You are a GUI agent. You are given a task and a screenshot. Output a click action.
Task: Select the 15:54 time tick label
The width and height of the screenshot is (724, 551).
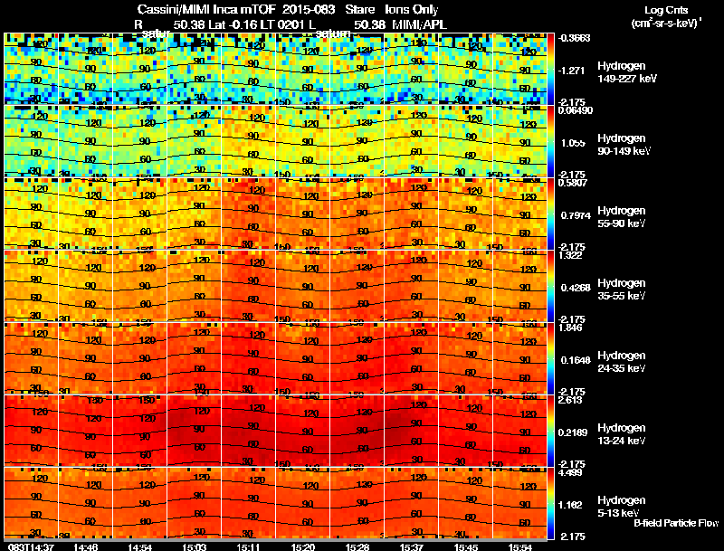tap(519, 546)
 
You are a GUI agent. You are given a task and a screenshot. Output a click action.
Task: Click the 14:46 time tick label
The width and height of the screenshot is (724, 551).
tap(87, 546)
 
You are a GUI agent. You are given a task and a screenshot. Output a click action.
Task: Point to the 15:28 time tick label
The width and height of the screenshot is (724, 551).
tap(357, 546)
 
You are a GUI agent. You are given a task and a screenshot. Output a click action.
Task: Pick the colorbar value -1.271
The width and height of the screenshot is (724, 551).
tap(569, 70)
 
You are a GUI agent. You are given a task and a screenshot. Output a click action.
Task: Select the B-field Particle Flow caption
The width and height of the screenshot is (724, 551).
tap(675, 523)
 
